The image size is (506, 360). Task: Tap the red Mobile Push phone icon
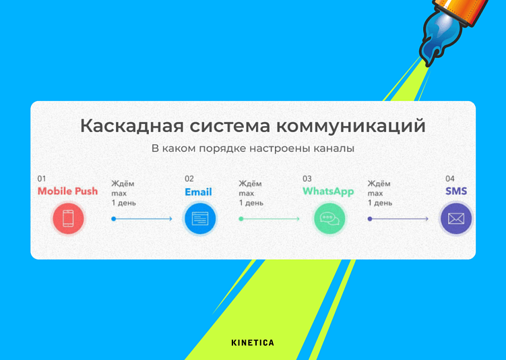click(68, 218)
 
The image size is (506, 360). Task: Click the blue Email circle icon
click(199, 218)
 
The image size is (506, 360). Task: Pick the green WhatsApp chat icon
click(329, 218)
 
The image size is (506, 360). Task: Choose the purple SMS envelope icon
click(456, 218)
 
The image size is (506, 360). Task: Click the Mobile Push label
click(67, 191)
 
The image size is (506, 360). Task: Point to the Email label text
click(198, 192)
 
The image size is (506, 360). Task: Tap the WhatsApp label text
click(328, 191)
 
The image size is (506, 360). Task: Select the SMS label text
click(456, 191)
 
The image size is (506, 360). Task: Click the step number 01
click(42, 179)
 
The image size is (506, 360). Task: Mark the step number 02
click(189, 179)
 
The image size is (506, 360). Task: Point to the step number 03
click(307, 179)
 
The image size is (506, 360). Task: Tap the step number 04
click(450, 179)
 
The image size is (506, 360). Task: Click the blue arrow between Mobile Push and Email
click(142, 218)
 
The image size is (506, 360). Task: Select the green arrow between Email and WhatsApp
click(270, 218)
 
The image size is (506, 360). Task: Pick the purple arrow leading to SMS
click(398, 218)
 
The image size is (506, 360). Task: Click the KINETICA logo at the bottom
click(253, 342)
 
